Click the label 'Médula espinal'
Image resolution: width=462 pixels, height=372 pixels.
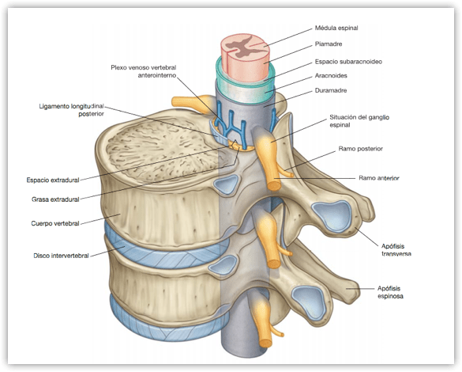tap(336, 28)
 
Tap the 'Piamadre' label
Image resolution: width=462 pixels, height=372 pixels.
tap(329, 44)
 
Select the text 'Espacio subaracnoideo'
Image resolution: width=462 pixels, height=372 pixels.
tap(348, 62)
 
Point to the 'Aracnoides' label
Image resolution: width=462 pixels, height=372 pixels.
tap(331, 75)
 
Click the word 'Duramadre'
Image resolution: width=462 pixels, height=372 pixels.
tap(331, 90)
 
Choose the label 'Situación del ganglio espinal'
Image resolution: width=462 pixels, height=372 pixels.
tap(359, 121)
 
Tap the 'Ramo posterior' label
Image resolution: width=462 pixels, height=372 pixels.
tap(361, 149)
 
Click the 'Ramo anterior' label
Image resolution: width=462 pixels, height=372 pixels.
tap(379, 178)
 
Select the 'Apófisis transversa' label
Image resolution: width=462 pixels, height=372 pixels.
tap(396, 250)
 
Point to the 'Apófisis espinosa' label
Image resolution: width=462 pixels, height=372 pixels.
tap(390, 292)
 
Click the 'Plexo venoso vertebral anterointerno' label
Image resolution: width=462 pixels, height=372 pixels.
tap(144, 71)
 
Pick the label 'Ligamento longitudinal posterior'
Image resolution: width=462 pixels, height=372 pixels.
tap(72, 110)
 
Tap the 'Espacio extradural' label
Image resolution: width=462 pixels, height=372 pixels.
tap(53, 180)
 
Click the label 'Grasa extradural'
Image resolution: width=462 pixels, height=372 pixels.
tap(55, 199)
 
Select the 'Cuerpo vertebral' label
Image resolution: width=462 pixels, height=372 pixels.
tap(55, 223)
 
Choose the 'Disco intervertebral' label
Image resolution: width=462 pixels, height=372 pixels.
tap(61, 256)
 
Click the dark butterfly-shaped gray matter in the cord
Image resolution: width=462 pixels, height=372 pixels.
tap(242, 47)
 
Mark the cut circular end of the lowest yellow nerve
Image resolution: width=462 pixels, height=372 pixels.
tap(265, 343)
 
